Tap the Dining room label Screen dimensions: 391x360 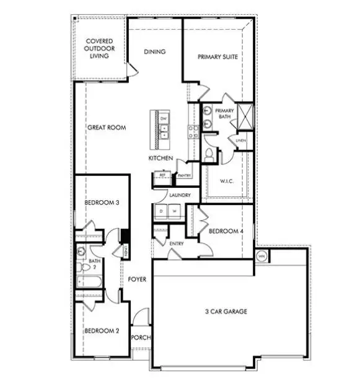(154, 51)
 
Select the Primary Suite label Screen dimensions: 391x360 (218, 57)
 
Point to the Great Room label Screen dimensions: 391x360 (107, 128)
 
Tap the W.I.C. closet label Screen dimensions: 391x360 (226, 181)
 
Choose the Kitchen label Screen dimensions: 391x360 (160, 159)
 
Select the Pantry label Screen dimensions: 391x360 (183, 175)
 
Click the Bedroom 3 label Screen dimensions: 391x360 (101, 202)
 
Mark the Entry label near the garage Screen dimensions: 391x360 (177, 244)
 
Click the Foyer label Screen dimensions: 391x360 (137, 279)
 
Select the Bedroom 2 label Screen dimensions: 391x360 (102, 330)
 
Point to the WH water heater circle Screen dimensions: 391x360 (261, 255)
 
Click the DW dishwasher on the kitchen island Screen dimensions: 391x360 (164, 118)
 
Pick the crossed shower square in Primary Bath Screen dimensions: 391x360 (246, 115)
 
